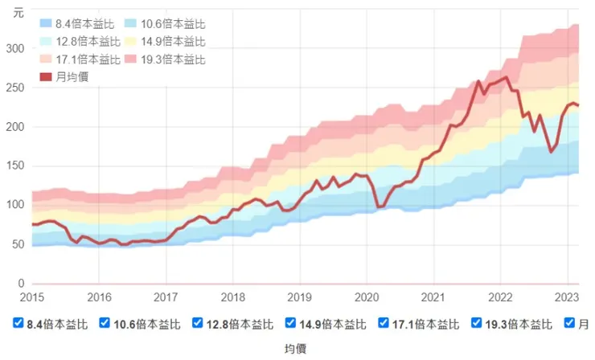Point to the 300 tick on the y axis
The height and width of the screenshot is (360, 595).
[x=14, y=48]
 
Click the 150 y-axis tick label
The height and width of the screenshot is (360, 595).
[x=14, y=166]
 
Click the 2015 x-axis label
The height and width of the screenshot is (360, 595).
[x=32, y=297]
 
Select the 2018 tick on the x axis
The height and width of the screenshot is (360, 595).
[x=232, y=297]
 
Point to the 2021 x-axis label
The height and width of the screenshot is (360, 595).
[x=433, y=297]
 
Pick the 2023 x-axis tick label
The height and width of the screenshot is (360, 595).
[x=566, y=297]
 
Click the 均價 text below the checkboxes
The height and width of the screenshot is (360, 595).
[x=297, y=348]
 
